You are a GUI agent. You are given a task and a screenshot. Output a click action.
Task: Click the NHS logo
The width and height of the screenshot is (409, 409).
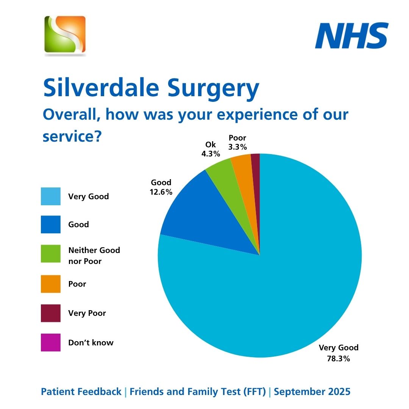(x=352, y=36)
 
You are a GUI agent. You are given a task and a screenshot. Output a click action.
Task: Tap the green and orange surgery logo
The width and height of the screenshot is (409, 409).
(x=65, y=34)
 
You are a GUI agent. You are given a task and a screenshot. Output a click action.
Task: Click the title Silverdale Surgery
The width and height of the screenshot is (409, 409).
(x=151, y=88)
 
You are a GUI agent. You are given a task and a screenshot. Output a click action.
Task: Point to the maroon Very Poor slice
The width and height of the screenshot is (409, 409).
(x=256, y=174)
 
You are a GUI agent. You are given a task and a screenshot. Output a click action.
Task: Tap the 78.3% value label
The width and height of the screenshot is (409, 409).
(x=338, y=358)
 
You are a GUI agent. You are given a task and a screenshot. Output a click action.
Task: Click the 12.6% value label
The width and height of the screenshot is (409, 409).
(x=161, y=192)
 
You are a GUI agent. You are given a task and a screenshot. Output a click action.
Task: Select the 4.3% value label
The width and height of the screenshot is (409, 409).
(x=211, y=154)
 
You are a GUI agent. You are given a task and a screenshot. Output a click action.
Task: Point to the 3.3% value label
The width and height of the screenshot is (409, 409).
(x=237, y=147)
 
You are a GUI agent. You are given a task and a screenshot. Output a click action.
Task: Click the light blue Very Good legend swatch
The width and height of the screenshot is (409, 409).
(x=51, y=196)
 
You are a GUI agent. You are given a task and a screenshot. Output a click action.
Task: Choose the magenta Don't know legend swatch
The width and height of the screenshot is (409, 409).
(x=51, y=342)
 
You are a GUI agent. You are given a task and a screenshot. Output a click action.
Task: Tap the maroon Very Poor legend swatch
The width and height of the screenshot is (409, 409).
(x=51, y=313)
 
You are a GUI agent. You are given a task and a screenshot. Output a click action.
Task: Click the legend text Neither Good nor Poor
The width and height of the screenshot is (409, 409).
(x=94, y=256)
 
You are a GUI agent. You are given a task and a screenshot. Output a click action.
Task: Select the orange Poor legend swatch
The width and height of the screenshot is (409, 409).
(x=51, y=284)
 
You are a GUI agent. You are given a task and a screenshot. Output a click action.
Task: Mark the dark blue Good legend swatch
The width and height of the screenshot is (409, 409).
(x=51, y=225)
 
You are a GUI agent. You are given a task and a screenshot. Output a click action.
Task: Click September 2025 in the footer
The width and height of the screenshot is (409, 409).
(x=312, y=392)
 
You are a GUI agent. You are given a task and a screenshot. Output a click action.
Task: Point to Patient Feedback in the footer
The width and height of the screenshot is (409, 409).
(x=81, y=392)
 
